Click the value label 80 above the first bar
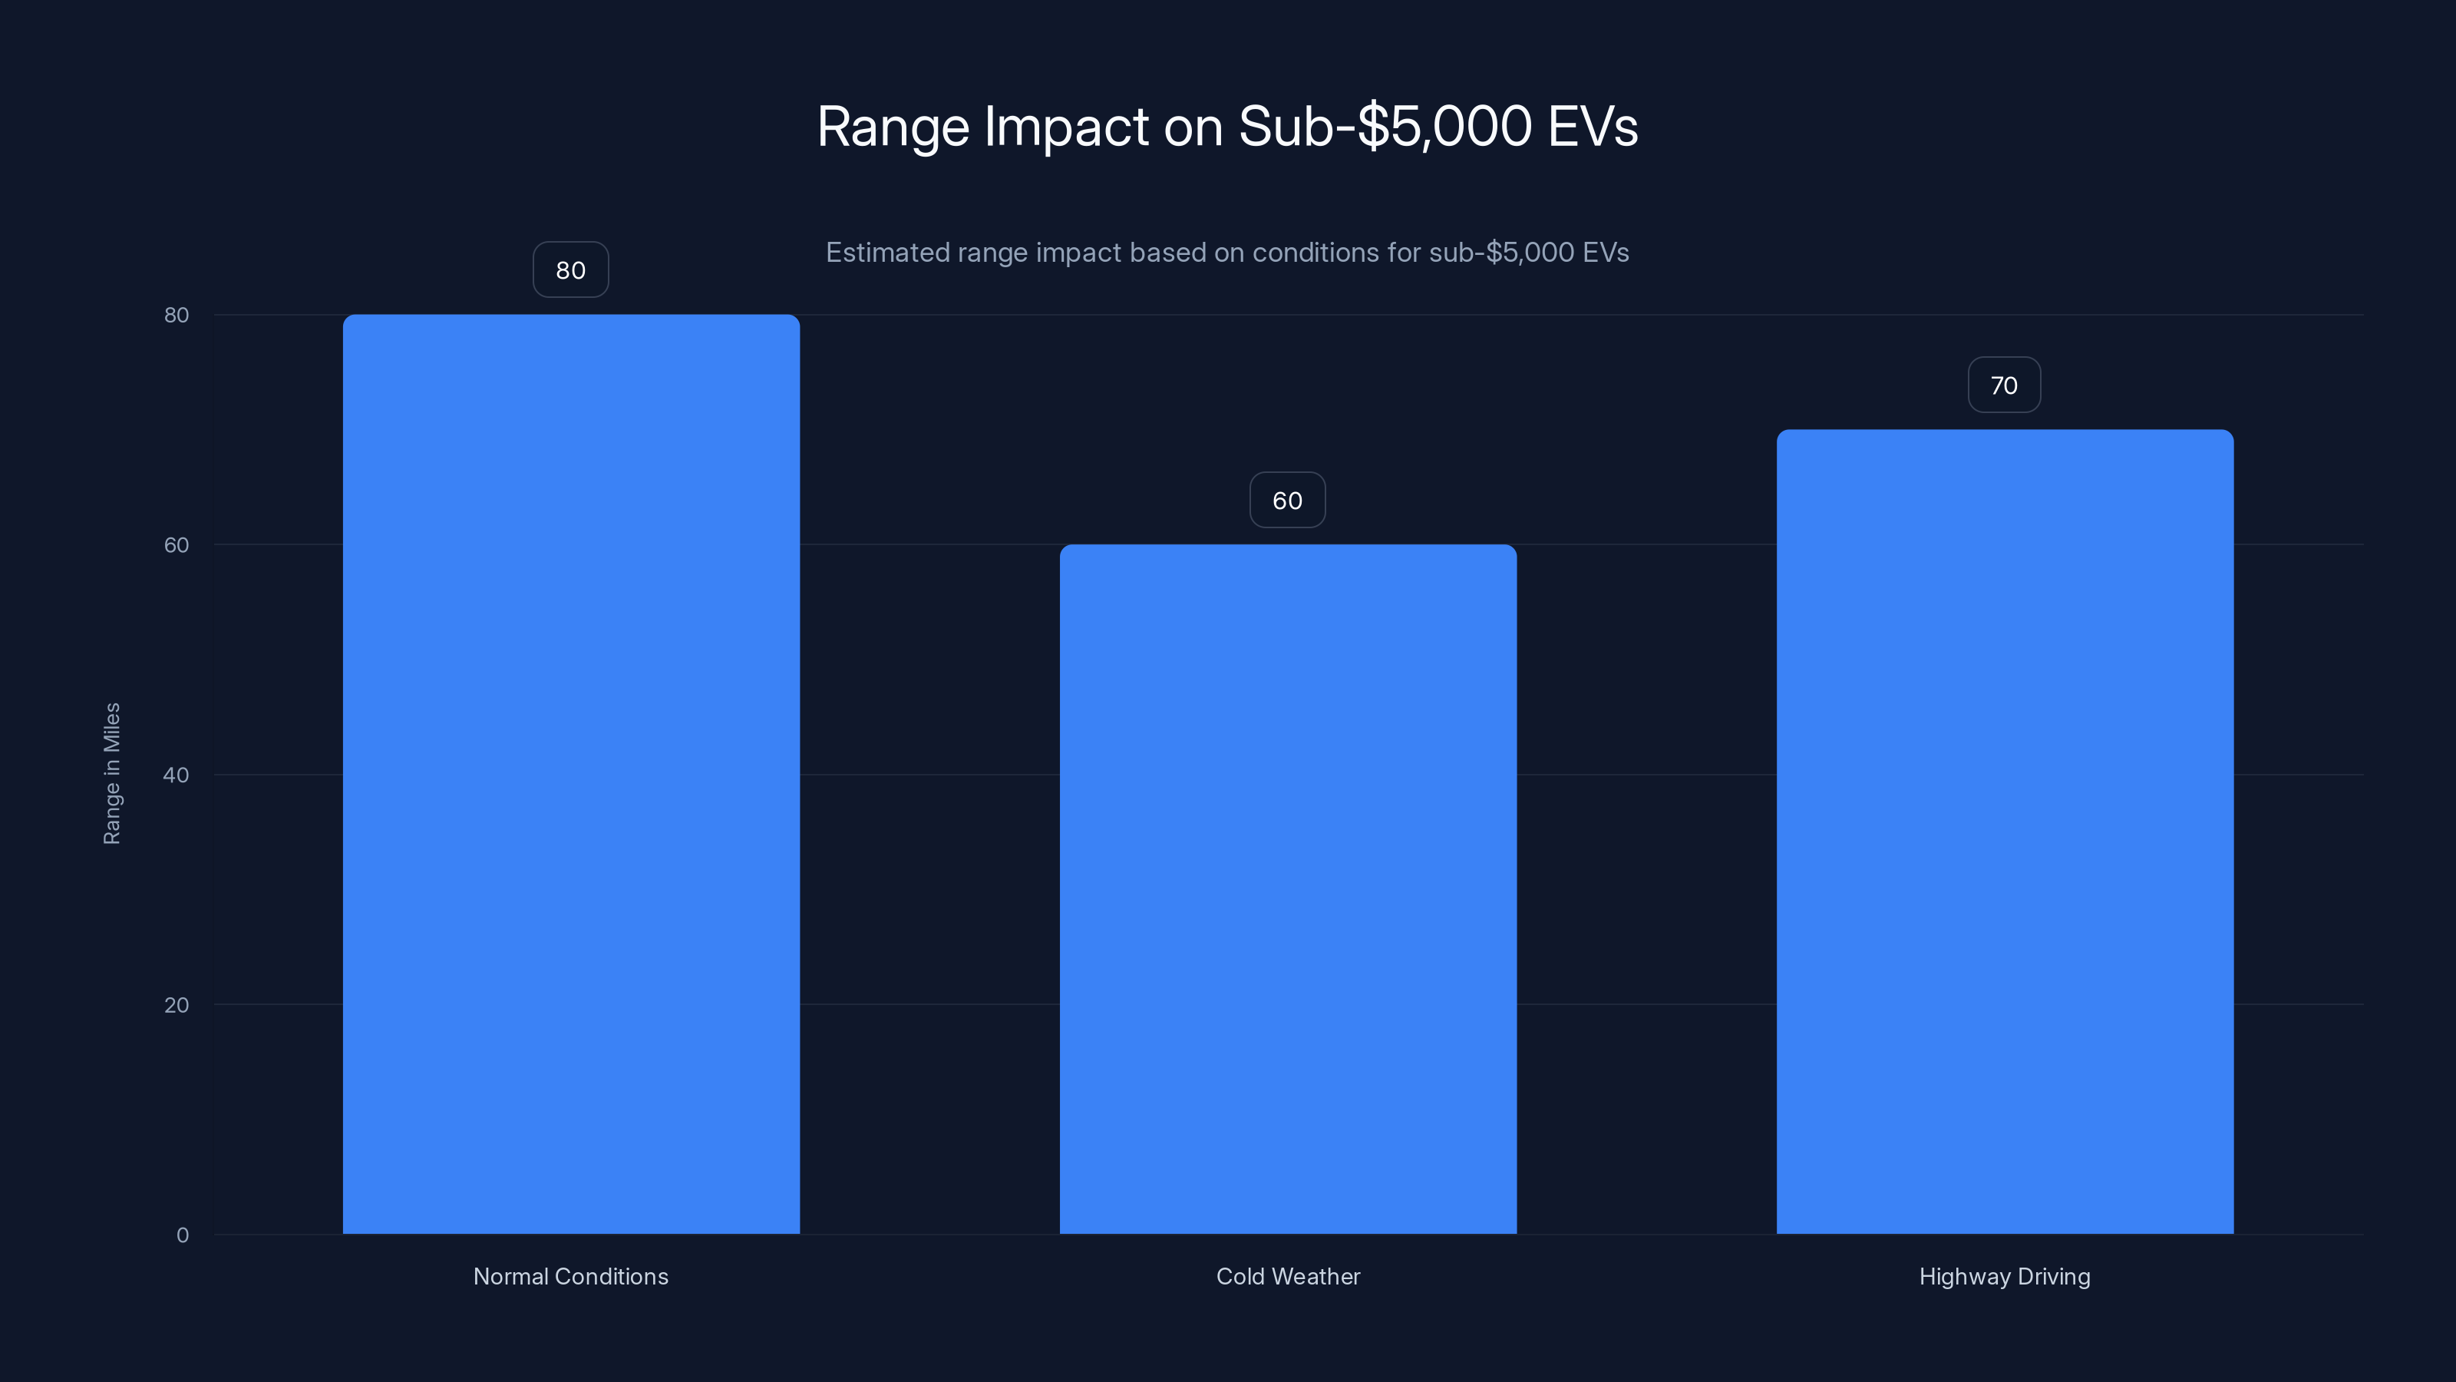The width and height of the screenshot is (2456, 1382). [570, 270]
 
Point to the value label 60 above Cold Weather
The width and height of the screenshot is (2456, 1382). [1287, 500]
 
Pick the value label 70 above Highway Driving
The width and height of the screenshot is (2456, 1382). [2003, 385]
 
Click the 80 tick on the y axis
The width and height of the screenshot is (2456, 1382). [177, 315]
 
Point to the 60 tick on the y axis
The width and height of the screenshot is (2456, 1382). [177, 544]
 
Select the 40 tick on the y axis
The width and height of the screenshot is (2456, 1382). [177, 775]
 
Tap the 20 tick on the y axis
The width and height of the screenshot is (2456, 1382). [177, 1004]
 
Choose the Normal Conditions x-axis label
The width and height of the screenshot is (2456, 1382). [570, 1276]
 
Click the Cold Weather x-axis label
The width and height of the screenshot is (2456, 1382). [1287, 1276]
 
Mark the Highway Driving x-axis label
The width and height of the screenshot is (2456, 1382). [2004, 1276]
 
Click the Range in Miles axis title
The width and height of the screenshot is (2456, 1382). [111, 772]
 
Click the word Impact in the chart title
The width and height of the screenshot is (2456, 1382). [1066, 127]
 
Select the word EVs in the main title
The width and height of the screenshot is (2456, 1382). [1593, 127]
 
